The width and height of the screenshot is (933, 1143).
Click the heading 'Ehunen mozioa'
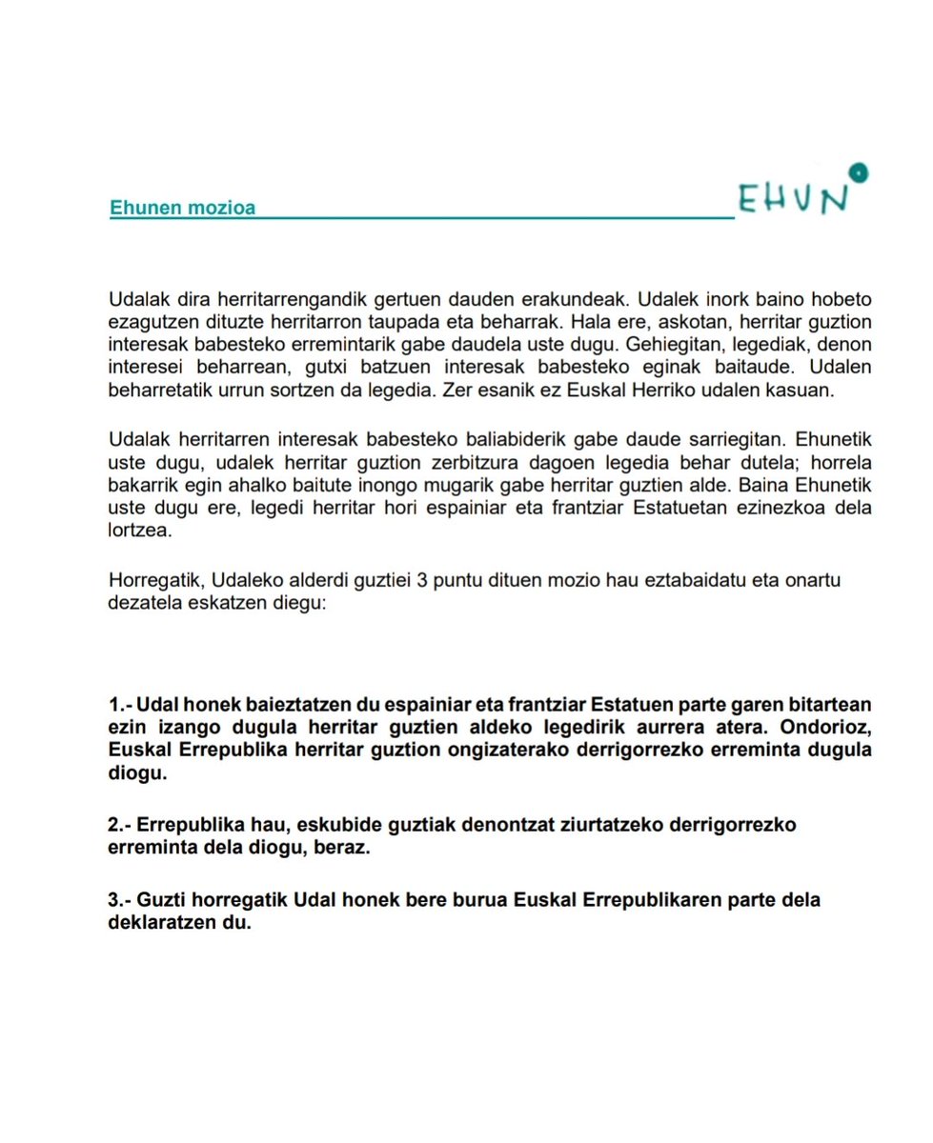pos(182,207)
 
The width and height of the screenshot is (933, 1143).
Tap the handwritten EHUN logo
pos(794,199)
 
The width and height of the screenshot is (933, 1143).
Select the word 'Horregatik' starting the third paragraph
pos(155,581)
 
